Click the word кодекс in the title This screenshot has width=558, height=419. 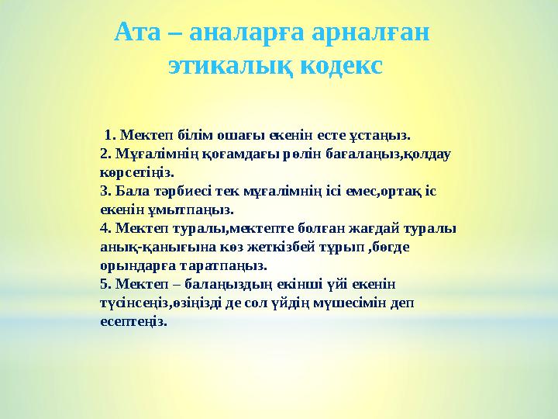pyautogui.click(x=339, y=64)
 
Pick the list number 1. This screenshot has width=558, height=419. pyautogui.click(x=109, y=134)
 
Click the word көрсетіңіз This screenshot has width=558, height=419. pyautogui.click(x=137, y=171)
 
